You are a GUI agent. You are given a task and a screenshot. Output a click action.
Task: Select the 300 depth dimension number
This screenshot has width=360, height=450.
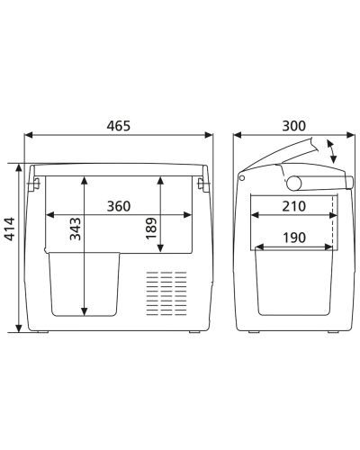293,125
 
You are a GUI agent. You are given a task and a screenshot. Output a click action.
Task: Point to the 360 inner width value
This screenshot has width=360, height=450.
118,206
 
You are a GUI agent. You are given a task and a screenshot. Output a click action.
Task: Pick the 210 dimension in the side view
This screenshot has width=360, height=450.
292,206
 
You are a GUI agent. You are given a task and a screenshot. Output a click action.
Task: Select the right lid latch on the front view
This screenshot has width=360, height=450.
202,184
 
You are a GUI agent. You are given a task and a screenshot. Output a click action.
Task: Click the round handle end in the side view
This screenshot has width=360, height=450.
293,183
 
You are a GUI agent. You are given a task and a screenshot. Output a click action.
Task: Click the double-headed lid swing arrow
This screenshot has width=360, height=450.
335,151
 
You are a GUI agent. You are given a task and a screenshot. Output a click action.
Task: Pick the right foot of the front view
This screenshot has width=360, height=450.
193,333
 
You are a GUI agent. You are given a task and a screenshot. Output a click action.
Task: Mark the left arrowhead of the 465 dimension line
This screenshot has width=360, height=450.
28,137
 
